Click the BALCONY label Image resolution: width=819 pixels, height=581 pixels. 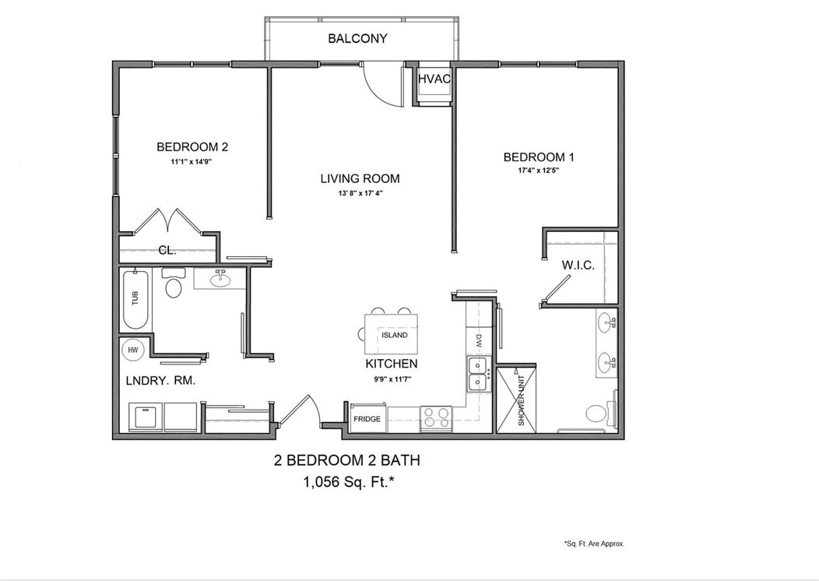coord(357,38)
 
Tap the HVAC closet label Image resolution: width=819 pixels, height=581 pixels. coord(434,79)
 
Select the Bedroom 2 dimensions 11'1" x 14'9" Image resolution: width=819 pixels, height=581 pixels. coord(192,162)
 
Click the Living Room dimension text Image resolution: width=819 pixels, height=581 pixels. coord(360,193)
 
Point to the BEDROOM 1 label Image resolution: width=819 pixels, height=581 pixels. coord(539,157)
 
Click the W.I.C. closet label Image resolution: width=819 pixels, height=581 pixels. coord(578,265)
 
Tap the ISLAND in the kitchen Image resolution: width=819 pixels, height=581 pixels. coord(393,335)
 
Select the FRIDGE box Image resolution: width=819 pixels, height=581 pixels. coord(367,419)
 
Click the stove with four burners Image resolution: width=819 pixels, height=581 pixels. coord(436,418)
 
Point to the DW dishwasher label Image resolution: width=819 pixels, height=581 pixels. coord(479,340)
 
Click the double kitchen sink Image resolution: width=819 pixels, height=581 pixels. coord(478,374)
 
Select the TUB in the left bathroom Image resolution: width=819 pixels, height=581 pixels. coord(135,300)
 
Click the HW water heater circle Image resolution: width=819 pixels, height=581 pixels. coord(133,350)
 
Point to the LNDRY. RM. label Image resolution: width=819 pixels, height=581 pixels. coord(160,381)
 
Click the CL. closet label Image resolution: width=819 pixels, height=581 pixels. coord(167,250)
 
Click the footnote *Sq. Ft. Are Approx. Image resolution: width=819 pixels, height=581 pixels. coord(593,544)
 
